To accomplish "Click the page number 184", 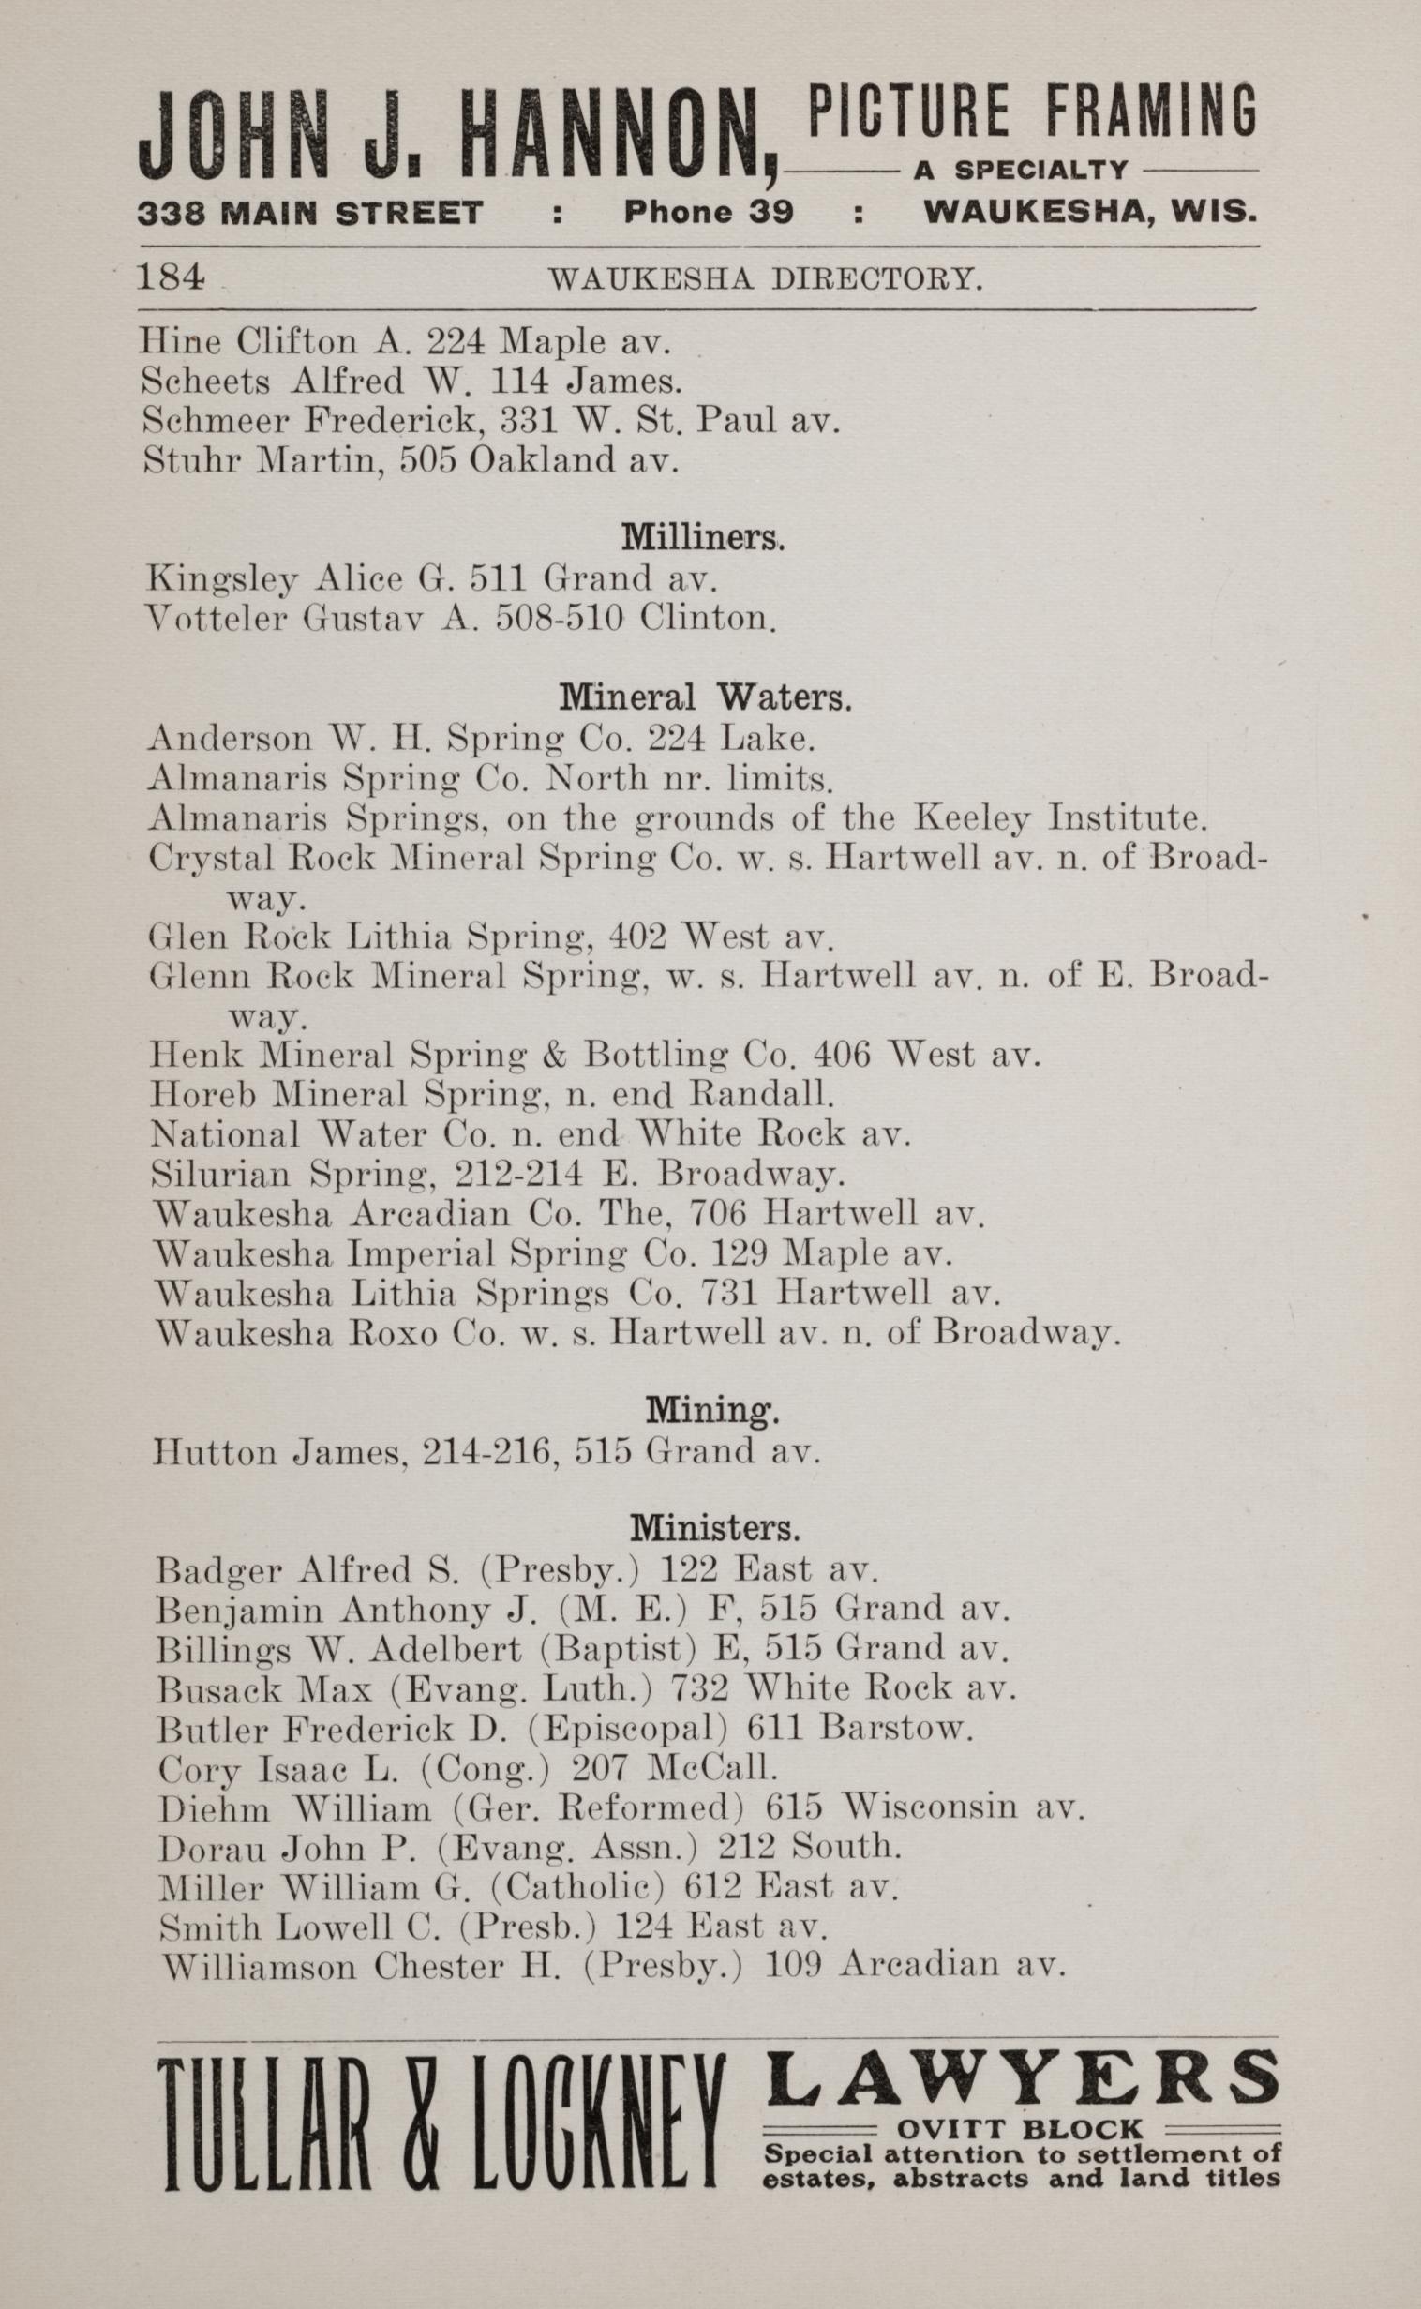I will [x=170, y=278].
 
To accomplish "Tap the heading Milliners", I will [x=702, y=537].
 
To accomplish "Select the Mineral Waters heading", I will [x=706, y=697].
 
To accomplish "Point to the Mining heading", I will [x=712, y=1410].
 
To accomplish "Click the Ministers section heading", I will [x=715, y=1529].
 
